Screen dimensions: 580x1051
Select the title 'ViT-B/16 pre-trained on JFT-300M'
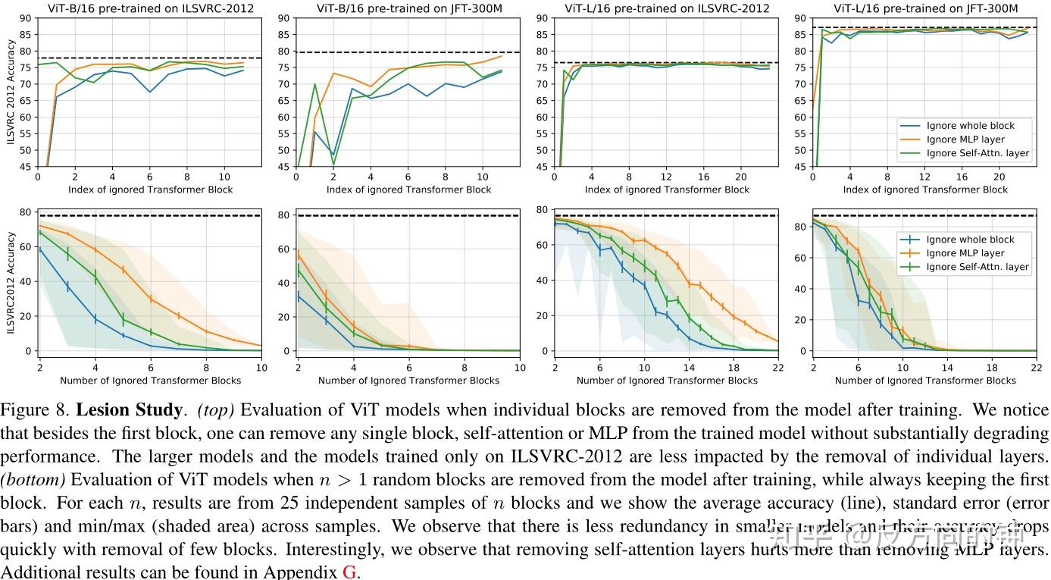point(409,8)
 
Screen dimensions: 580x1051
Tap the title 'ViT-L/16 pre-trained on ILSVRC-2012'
point(667,8)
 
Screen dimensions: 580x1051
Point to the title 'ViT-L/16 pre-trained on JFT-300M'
point(925,8)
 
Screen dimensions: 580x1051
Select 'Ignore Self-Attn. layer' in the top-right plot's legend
point(977,153)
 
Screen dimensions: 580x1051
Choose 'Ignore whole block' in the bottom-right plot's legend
point(970,240)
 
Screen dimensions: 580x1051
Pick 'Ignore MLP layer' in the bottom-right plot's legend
point(965,253)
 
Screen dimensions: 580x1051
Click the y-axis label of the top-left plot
point(11,92)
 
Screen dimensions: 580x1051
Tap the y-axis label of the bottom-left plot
point(11,283)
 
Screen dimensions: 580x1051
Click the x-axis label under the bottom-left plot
point(150,380)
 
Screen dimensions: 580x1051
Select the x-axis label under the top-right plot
point(925,190)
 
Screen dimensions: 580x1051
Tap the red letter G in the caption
point(349,572)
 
